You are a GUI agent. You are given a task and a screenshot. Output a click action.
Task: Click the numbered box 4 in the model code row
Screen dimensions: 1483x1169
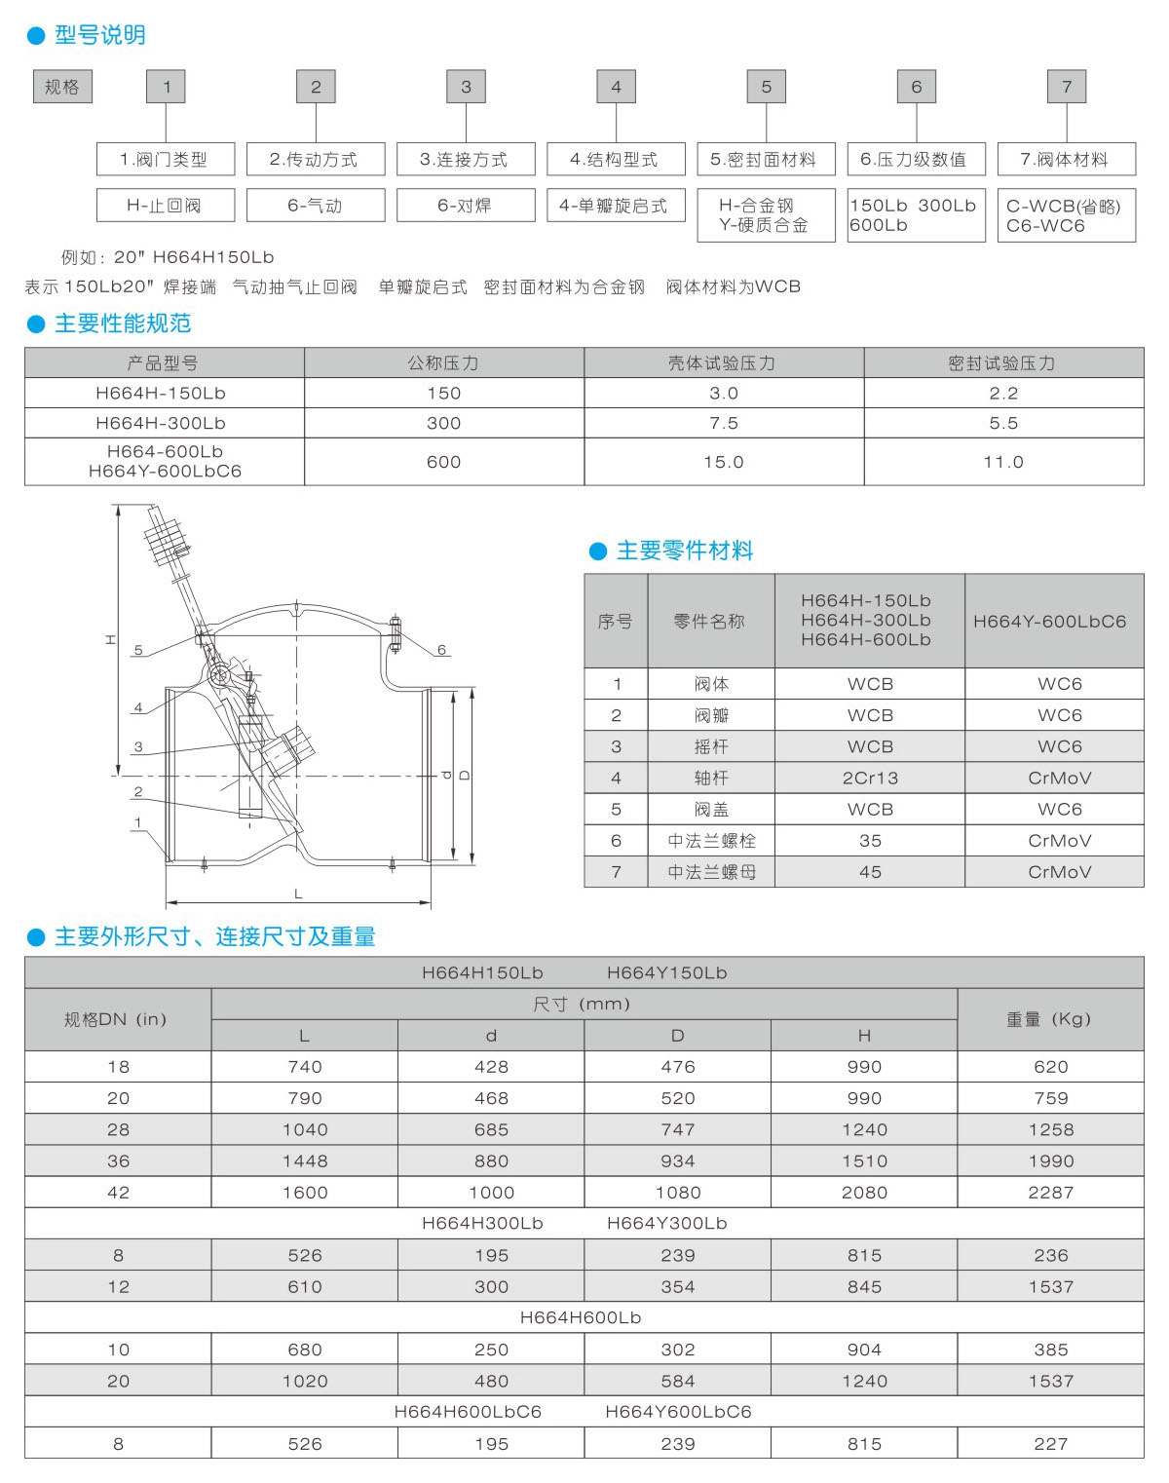point(616,87)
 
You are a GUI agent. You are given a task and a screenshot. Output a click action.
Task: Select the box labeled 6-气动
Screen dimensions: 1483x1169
point(316,206)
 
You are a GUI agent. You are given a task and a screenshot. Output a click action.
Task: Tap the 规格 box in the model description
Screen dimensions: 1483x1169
point(62,87)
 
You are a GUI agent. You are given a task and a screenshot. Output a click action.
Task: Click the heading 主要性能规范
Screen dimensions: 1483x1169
point(122,323)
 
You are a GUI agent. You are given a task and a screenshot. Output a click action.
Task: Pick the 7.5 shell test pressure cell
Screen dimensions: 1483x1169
point(724,423)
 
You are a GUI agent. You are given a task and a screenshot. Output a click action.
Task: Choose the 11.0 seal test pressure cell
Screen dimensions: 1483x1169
point(1003,462)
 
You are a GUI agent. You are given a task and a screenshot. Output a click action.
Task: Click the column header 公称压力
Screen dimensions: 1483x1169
point(443,363)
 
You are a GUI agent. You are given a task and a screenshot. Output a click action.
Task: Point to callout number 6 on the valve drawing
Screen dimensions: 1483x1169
point(441,650)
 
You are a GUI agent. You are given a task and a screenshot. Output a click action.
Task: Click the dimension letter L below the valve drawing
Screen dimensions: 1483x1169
point(298,894)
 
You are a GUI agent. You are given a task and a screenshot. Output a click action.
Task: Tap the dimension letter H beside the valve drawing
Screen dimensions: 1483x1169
point(110,640)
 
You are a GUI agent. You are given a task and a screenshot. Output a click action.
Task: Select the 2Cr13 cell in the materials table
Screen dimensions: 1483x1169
point(870,778)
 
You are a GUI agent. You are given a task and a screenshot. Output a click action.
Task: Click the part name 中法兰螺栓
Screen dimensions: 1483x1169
point(711,840)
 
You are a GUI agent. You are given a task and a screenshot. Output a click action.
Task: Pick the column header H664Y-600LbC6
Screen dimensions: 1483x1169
point(1049,621)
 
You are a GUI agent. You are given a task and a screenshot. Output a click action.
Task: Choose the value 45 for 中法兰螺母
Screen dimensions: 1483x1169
point(870,872)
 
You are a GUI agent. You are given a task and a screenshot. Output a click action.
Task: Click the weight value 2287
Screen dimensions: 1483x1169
point(1050,1193)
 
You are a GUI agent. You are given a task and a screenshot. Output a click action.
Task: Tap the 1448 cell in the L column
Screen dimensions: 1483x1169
point(305,1161)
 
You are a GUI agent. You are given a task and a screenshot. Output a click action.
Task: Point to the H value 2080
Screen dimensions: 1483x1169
point(864,1193)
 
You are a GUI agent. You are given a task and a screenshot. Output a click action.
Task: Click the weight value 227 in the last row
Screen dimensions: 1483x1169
point(1050,1444)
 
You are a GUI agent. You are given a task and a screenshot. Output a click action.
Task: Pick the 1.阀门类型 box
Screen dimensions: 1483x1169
point(166,160)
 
